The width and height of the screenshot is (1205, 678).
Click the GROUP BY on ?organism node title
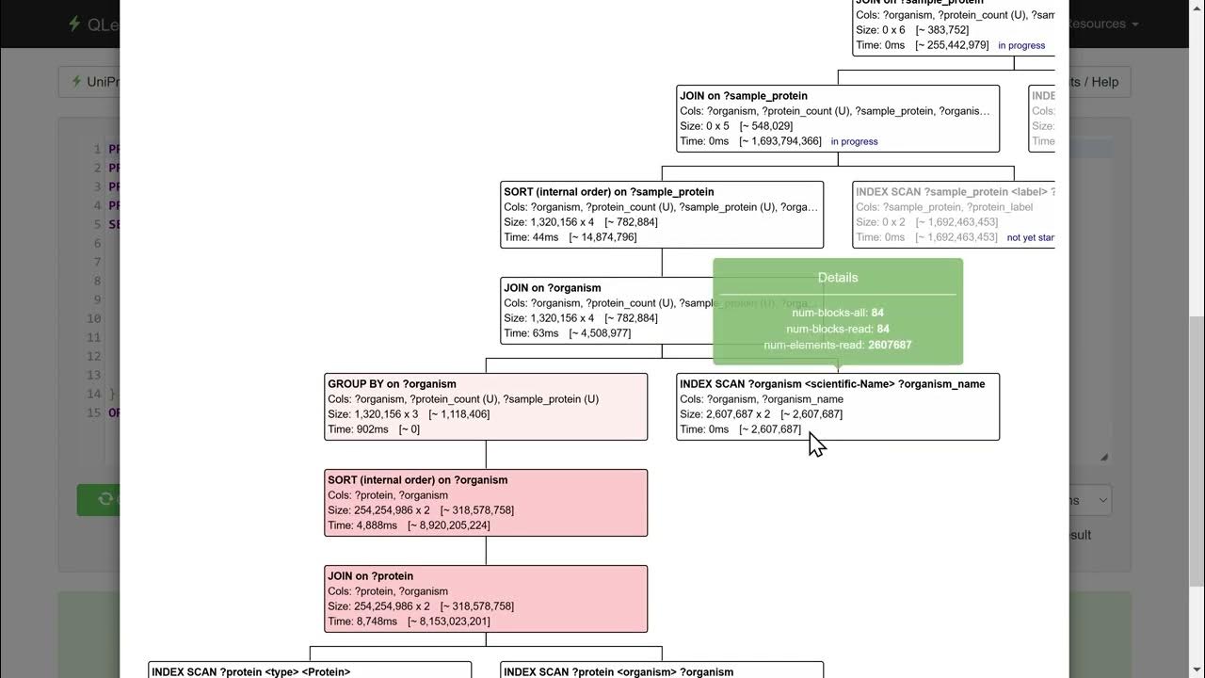tap(392, 384)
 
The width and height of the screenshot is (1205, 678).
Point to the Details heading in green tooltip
tap(838, 278)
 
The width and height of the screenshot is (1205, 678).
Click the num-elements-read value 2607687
tap(890, 346)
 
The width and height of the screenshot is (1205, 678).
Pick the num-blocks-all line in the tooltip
tap(838, 313)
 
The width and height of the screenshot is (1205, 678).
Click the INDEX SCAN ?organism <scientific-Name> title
tap(832, 384)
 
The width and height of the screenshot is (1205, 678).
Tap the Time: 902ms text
tap(358, 429)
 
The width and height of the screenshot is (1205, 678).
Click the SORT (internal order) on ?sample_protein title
tap(609, 192)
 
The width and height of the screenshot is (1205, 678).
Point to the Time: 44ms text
tap(531, 237)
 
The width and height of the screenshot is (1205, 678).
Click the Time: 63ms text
tap(531, 333)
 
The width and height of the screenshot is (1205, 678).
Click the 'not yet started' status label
tap(1030, 237)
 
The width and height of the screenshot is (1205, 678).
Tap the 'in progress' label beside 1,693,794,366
tap(854, 141)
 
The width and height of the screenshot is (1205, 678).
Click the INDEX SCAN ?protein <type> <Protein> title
tap(250, 671)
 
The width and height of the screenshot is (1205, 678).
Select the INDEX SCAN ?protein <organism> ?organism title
tap(619, 671)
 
